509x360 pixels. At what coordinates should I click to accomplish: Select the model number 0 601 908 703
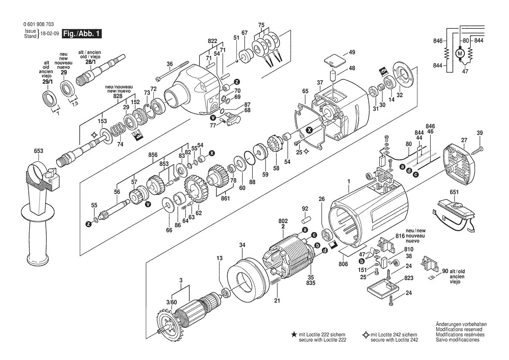coord(39,24)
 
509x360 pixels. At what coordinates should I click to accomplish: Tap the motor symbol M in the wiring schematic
coord(460,53)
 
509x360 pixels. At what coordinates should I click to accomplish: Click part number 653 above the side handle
coord(38,151)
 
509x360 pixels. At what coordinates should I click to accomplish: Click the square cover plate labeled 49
coord(335,60)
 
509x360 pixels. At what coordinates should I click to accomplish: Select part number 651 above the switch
coord(454,192)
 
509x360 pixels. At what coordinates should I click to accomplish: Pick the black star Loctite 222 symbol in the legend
coord(293,334)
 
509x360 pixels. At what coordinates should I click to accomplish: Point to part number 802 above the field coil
coord(283,221)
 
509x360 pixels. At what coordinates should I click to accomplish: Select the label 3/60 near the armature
coord(172,302)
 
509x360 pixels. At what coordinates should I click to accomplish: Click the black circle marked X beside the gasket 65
coord(309,130)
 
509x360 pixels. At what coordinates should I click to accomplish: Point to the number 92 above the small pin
coord(305,209)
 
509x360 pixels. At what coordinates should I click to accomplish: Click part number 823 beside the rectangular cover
coord(409,278)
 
